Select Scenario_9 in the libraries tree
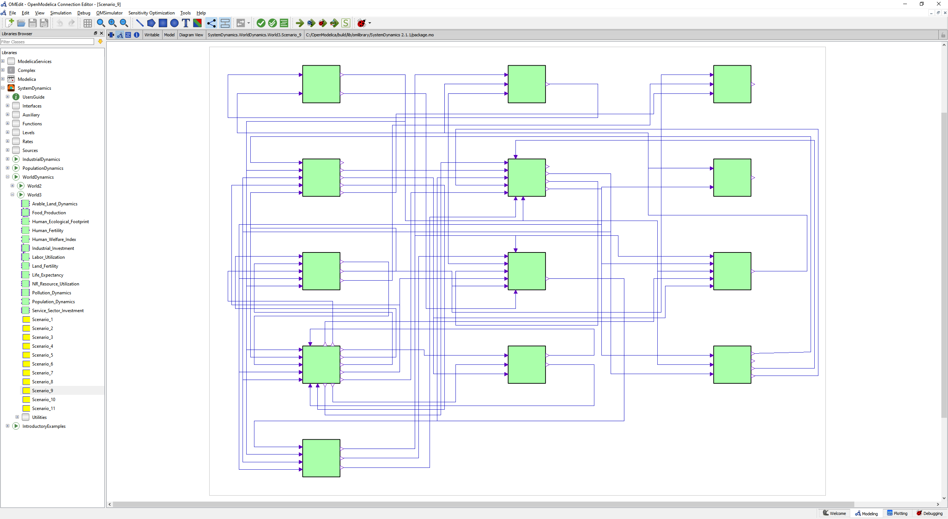tap(42, 390)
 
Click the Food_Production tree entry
tap(49, 212)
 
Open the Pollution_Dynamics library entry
tap(51, 292)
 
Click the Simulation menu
tap(61, 13)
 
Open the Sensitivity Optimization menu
tap(151, 13)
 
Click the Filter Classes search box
tap(47, 42)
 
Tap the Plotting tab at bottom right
tap(897, 513)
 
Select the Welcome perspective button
tap(834, 513)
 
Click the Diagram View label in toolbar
tap(191, 35)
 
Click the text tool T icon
tap(186, 23)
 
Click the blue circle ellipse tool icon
tap(174, 23)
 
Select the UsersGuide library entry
tap(33, 97)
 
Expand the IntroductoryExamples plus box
tap(7, 426)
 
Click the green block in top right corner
tap(732, 84)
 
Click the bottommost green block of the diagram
tap(321, 458)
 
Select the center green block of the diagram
tap(526, 271)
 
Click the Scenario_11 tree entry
tap(43, 408)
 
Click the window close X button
tap(938, 4)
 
